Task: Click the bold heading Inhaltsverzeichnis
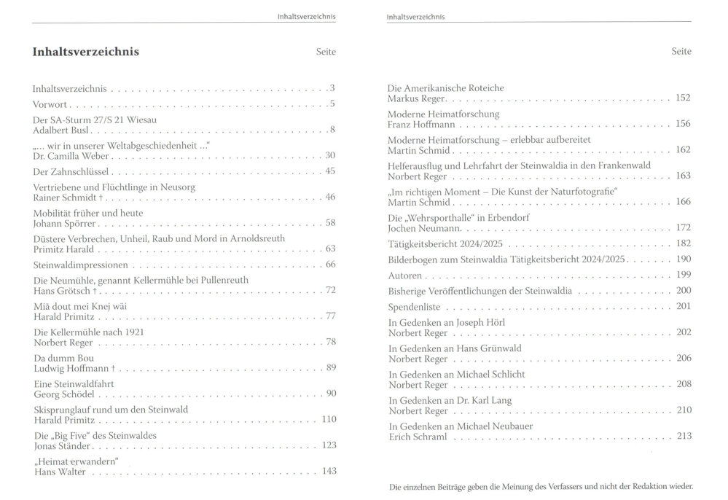click(86, 52)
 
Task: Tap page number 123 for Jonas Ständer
click(329, 445)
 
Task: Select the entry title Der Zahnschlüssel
click(71, 171)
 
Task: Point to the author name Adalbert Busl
click(64, 130)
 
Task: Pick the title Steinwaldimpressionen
click(81, 265)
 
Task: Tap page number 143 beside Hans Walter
click(329, 472)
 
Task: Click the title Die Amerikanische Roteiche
click(445, 88)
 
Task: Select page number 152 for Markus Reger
click(683, 98)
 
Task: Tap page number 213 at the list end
click(683, 436)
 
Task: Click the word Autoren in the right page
click(405, 276)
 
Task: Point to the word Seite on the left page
click(326, 52)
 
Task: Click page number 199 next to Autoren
click(683, 275)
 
